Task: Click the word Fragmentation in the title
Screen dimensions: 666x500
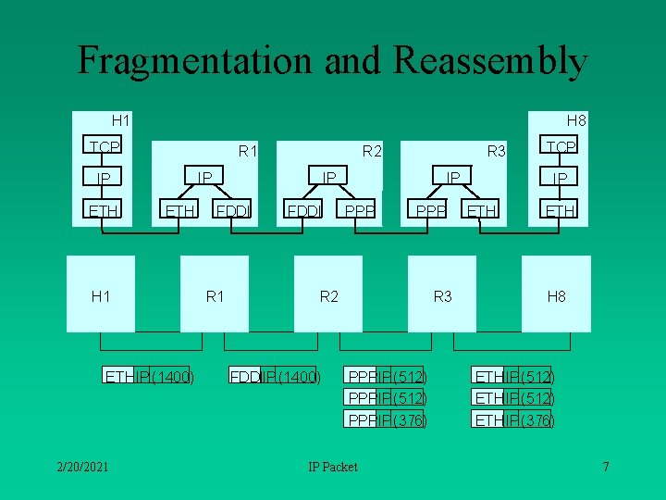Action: pyautogui.click(x=195, y=60)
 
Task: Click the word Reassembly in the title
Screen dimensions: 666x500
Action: pyautogui.click(x=490, y=60)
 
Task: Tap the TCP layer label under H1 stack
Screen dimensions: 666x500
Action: pyautogui.click(x=104, y=147)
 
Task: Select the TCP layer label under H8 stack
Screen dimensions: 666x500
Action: pyautogui.click(x=561, y=147)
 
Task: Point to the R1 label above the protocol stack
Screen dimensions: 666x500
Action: pyautogui.click(x=248, y=150)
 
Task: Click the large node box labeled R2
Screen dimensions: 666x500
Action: pyautogui.click(x=328, y=294)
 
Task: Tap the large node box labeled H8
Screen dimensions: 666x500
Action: pyautogui.click(x=556, y=294)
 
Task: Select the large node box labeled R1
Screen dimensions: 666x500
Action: pyautogui.click(x=215, y=294)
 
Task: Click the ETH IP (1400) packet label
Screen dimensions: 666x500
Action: pyautogui.click(x=149, y=376)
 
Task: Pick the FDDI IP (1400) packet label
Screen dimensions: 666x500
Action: pyautogui.click(x=275, y=376)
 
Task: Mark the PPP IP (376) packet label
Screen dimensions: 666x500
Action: pyautogui.click(x=386, y=420)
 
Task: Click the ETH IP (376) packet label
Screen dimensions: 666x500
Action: pyautogui.click(x=513, y=420)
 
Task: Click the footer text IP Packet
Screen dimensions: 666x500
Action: pyautogui.click(x=332, y=467)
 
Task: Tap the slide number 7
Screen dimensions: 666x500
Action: pyautogui.click(x=605, y=466)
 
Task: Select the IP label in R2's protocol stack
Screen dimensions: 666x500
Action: pyautogui.click(x=328, y=176)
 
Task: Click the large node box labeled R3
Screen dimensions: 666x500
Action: pyautogui.click(x=442, y=294)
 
